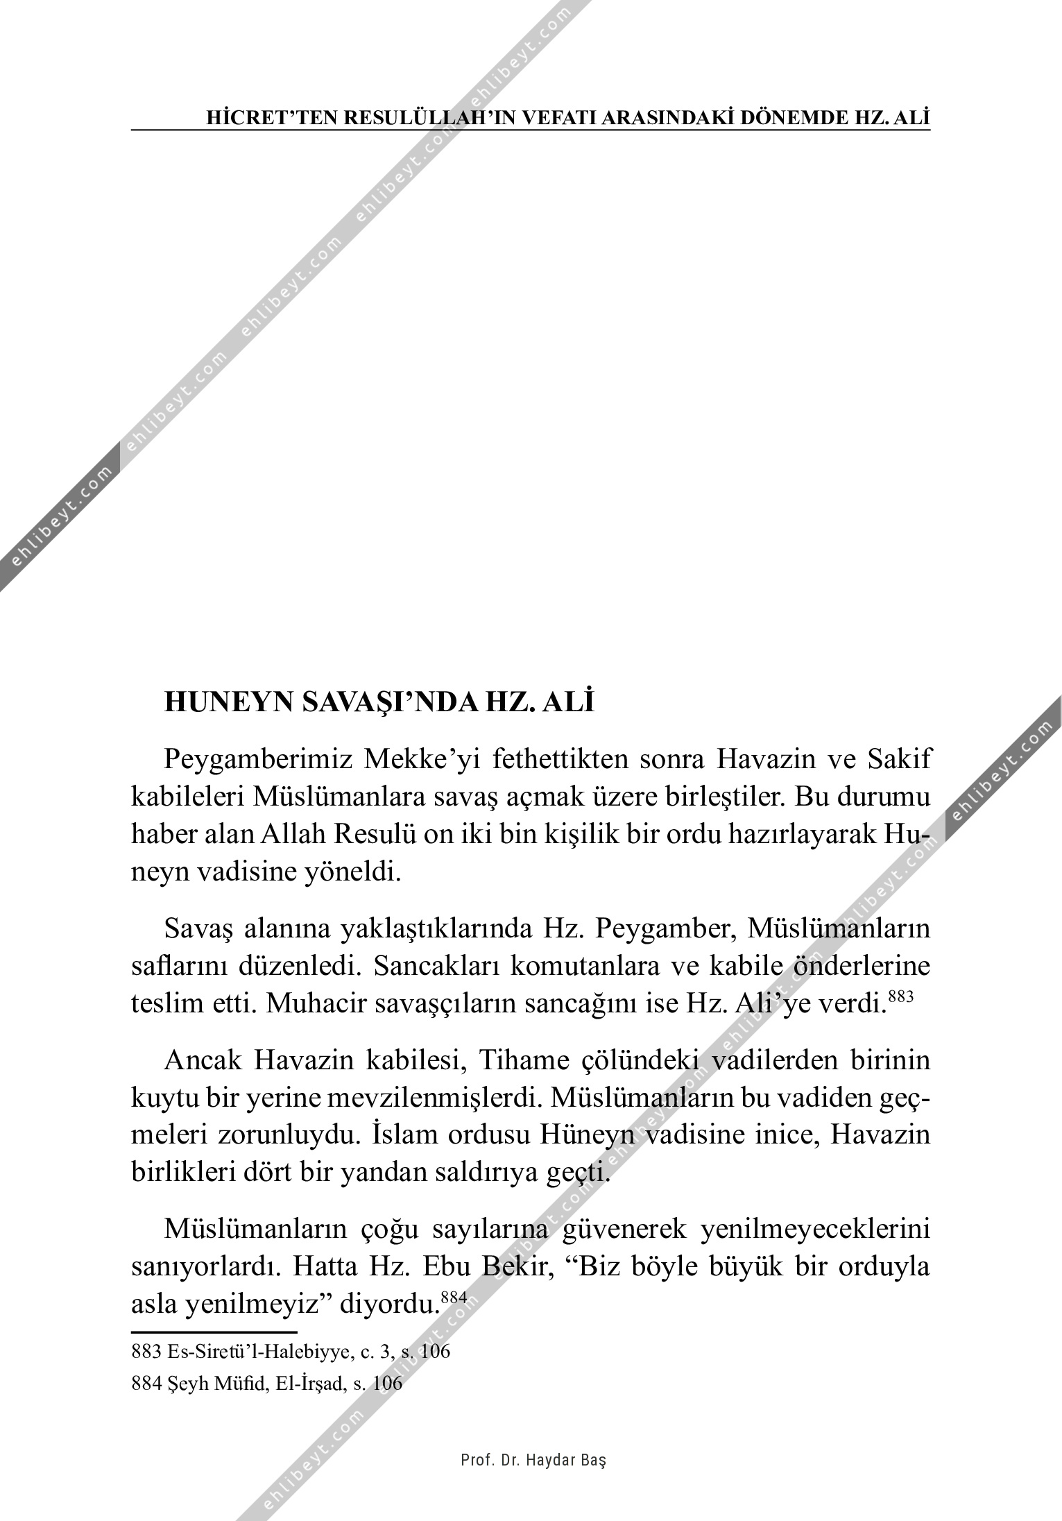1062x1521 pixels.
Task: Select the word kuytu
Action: coord(156,1099)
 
